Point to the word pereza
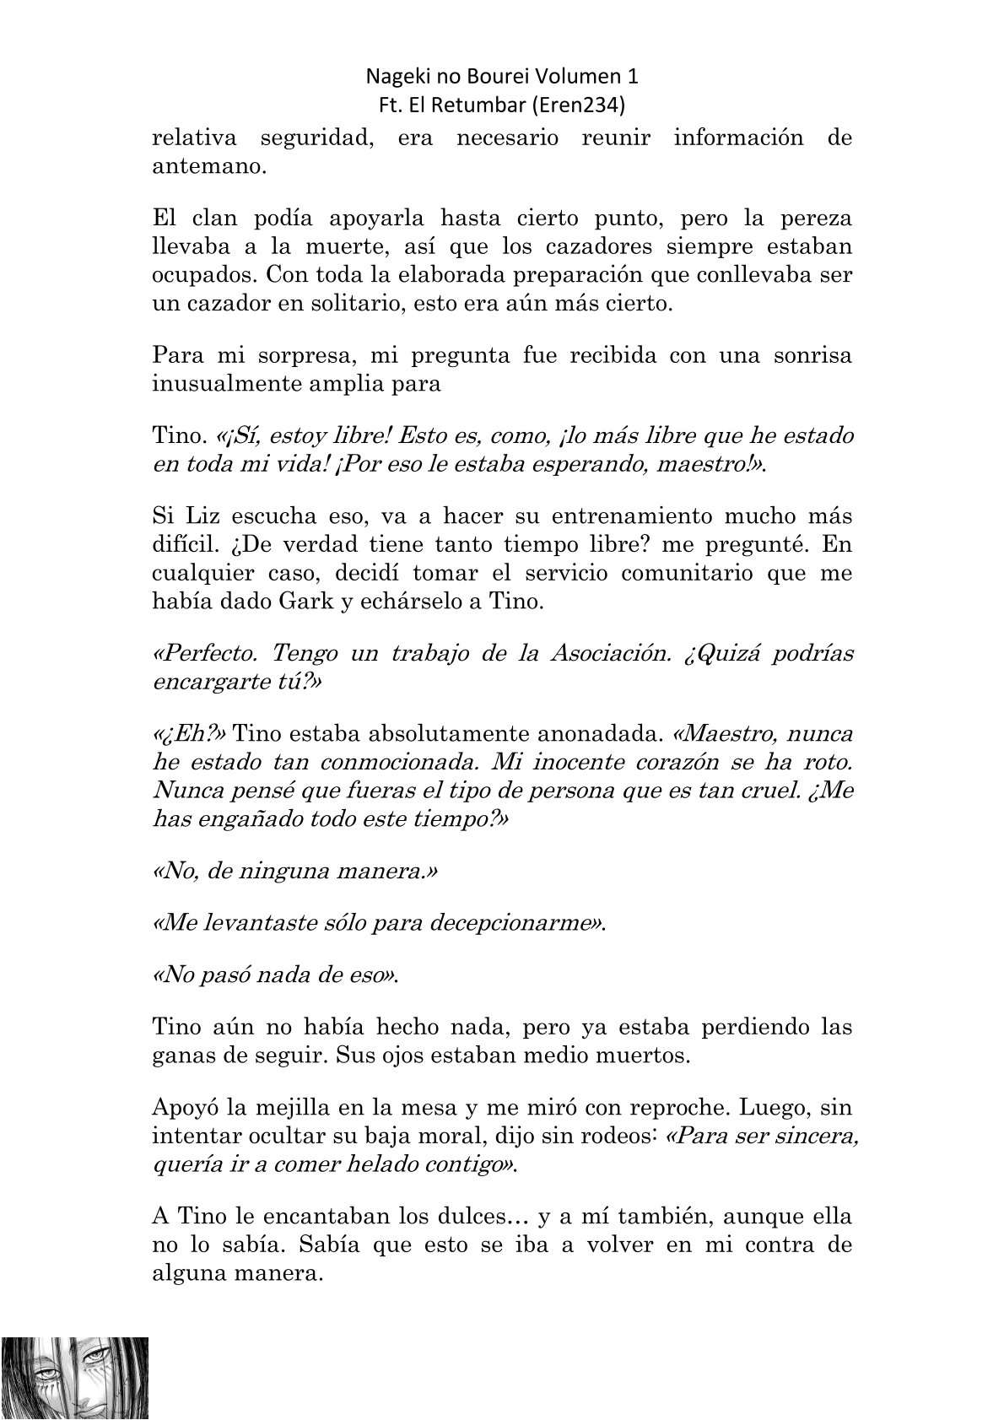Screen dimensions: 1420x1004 tap(818, 219)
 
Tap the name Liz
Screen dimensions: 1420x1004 tap(193, 516)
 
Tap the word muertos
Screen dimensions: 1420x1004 tap(647, 1056)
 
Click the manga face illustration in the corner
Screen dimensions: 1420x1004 tap(74, 1376)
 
